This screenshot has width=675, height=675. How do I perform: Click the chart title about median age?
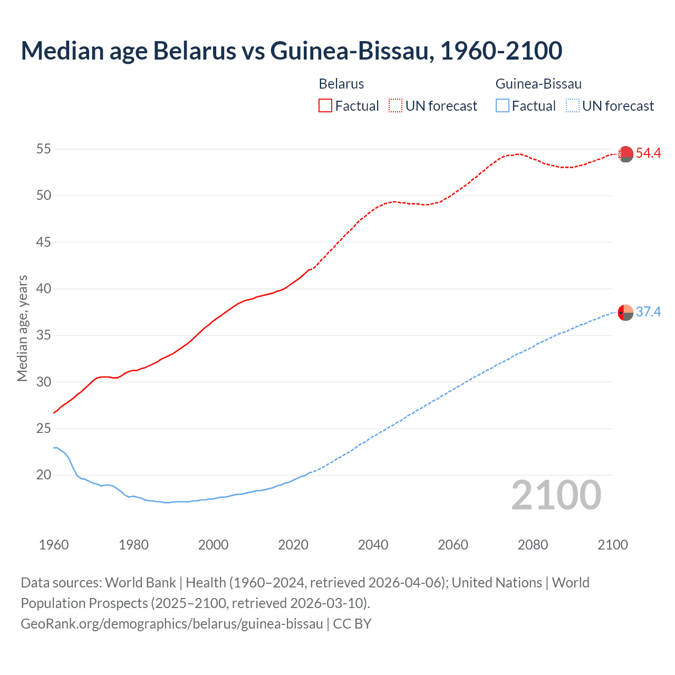point(292,51)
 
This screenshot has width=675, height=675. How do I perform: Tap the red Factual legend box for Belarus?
point(325,106)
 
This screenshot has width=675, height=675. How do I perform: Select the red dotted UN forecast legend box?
point(396,106)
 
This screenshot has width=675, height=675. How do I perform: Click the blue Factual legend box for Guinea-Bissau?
point(502,106)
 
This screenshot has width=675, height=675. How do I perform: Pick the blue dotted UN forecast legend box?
point(572,106)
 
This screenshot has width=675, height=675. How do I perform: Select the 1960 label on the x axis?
point(54,545)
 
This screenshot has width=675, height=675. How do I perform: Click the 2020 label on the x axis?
point(293,545)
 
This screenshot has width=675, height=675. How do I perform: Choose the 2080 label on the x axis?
point(533,545)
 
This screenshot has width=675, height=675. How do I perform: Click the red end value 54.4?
point(648,153)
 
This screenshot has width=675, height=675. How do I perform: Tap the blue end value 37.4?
point(648,312)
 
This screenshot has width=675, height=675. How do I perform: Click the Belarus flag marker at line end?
point(625,154)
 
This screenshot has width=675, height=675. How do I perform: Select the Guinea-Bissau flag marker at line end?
point(625,313)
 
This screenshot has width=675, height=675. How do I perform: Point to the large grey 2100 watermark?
point(556,495)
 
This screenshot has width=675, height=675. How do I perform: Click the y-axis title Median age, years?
point(22,328)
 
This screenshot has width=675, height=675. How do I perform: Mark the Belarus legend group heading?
point(341,84)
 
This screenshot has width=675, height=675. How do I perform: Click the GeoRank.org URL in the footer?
point(172,624)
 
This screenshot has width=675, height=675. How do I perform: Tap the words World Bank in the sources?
point(140,583)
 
